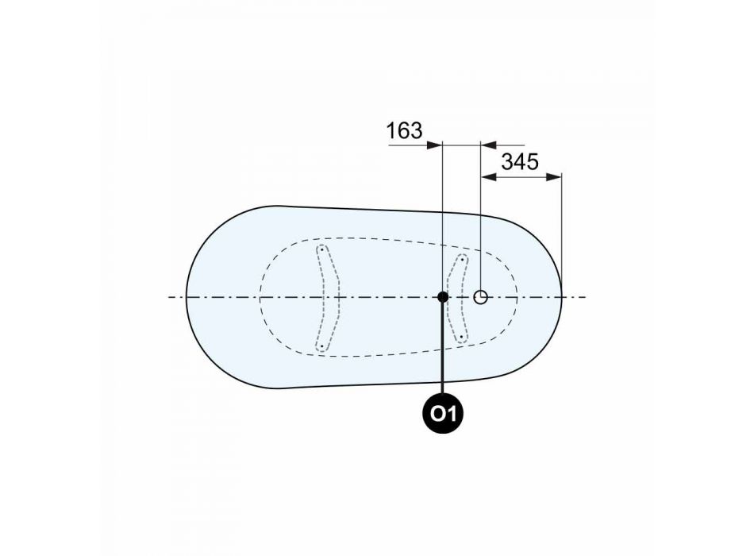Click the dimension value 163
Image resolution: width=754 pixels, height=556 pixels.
point(405,130)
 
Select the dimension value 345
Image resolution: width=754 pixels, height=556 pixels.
point(520,162)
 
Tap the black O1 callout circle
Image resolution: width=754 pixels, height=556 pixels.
point(443,413)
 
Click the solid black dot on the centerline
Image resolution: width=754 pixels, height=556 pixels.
point(443,297)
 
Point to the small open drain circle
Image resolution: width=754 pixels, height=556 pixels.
point(480,297)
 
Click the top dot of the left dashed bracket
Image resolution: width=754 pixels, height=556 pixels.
point(321,250)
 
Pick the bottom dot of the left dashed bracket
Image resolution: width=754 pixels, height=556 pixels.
point(321,346)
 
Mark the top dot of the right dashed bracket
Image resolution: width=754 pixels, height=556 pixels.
point(462,260)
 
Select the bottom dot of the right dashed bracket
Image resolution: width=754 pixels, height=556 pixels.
point(462,337)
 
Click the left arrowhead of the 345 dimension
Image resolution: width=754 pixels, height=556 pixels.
point(488,177)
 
